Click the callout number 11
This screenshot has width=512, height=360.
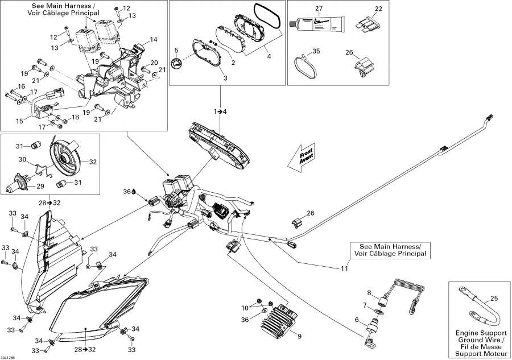pos(344,268)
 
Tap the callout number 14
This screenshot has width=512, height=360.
pos(153,40)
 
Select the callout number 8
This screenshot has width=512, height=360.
pos(369,293)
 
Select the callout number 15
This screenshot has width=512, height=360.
pos(20,121)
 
